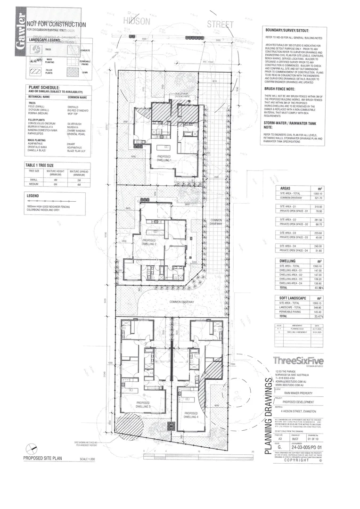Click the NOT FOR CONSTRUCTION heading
56,25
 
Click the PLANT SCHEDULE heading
43,88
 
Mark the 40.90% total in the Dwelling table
317,287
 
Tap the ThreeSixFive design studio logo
305,361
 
